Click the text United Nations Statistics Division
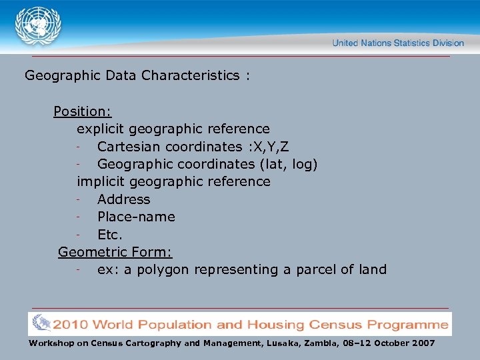click(x=398, y=43)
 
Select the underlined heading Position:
click(x=82, y=111)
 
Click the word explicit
click(x=101, y=129)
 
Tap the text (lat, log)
click(x=293, y=164)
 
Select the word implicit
click(x=101, y=181)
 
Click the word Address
click(x=124, y=199)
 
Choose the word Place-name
click(x=136, y=217)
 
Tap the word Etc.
click(x=110, y=234)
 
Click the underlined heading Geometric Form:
click(x=115, y=252)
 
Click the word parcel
click(x=317, y=269)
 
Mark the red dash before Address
click(x=79, y=199)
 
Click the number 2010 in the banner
click(x=71, y=325)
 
